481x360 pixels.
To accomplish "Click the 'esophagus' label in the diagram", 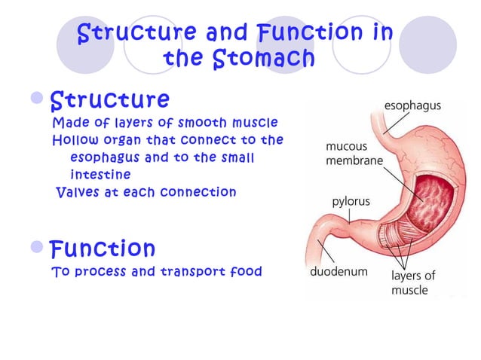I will click(x=413, y=107).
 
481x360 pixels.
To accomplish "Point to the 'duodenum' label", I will click(x=339, y=272).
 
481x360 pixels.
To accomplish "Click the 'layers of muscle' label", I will click(x=412, y=282).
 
